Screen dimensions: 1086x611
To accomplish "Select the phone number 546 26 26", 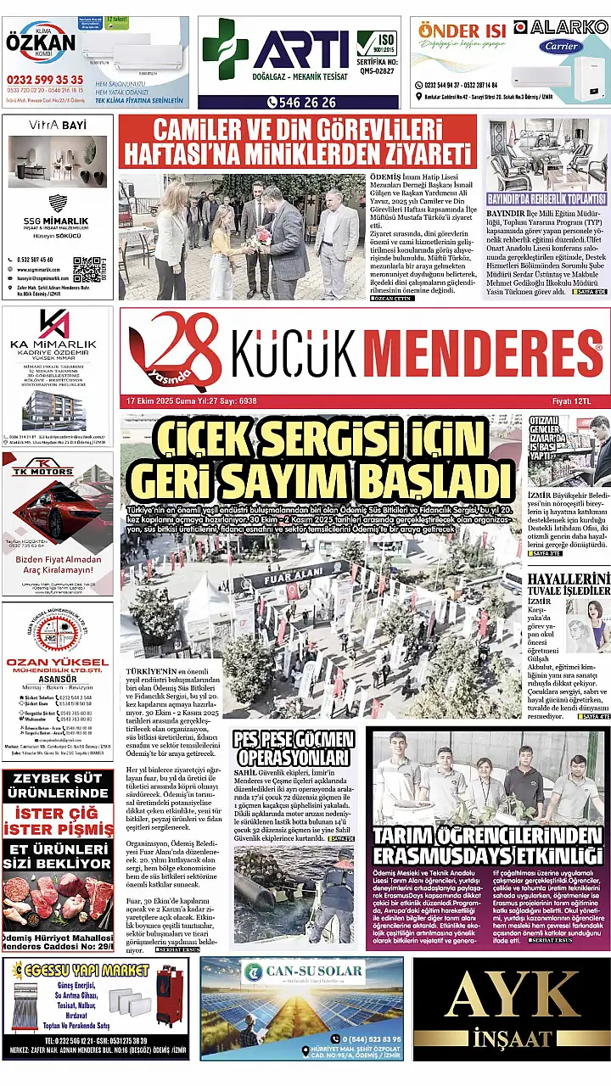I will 300,102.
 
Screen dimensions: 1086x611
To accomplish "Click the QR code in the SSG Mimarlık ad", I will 88,269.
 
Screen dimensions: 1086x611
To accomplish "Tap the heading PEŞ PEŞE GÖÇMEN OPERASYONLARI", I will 294,746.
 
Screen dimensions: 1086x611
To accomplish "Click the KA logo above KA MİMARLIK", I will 56,327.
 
